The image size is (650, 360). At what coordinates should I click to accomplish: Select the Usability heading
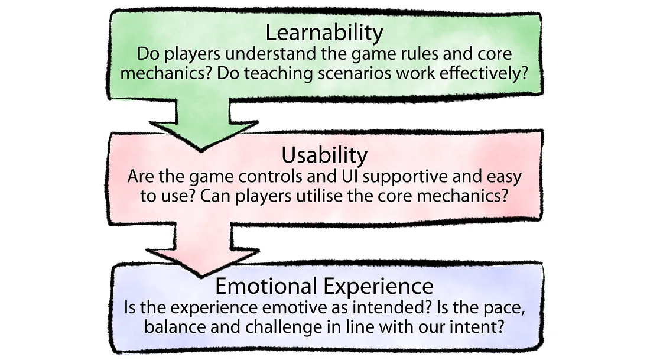pos(324,155)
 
